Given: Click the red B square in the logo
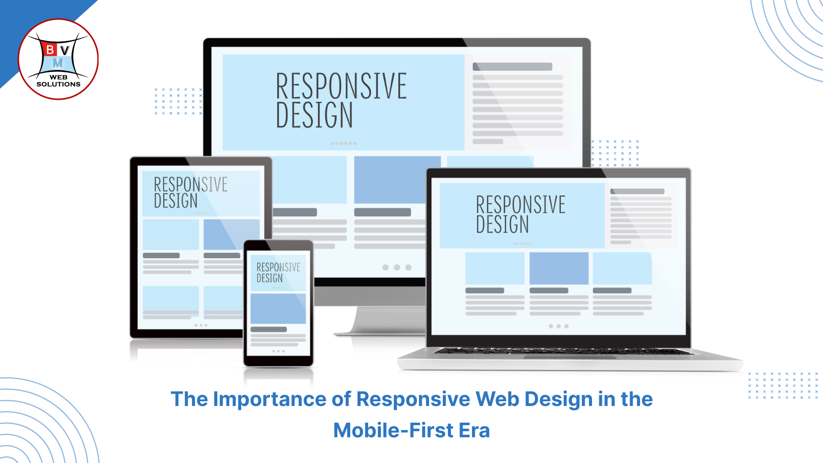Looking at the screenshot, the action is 50,50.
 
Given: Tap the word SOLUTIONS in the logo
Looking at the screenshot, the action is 58,84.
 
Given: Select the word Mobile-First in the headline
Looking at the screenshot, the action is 393,430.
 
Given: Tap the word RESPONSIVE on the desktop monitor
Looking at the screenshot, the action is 341,86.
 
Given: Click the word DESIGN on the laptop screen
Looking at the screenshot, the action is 502,224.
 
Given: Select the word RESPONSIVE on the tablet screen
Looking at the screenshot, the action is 191,185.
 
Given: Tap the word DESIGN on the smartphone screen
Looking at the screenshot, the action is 270,278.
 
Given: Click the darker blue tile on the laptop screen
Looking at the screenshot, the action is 559,268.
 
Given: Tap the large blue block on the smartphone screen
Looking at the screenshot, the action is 278,309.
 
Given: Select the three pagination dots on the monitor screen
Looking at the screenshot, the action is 397,268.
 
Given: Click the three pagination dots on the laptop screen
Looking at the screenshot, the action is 559,326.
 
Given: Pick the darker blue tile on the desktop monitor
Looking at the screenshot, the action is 397,180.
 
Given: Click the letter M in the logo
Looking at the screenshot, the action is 58,63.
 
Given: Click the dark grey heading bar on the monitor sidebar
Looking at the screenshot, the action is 512,67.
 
